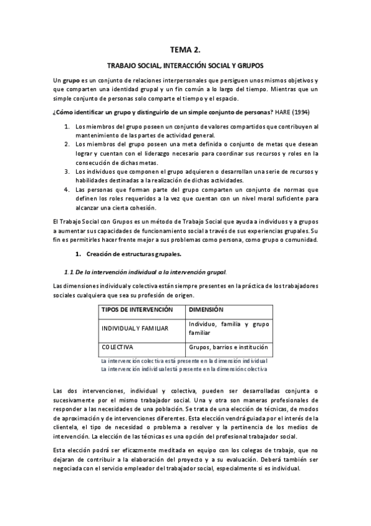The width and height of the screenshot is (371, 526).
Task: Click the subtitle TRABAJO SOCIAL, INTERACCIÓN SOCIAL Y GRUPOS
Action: point(185,65)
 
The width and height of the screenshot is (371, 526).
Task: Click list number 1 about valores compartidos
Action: point(67,127)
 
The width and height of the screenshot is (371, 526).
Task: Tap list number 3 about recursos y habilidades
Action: point(67,171)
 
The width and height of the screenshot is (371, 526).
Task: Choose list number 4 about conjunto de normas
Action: point(67,189)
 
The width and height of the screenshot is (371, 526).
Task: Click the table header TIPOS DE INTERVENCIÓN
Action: point(137,309)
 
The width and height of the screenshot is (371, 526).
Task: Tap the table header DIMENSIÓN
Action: point(206,309)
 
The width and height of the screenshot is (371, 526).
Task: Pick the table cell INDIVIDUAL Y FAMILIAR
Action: point(134,328)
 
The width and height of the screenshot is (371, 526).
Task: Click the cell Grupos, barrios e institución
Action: point(228,347)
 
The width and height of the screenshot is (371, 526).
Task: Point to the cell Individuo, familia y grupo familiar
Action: point(229,328)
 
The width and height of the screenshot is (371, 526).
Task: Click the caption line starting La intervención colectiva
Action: point(184,360)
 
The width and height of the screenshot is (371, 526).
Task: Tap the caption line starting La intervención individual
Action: point(184,369)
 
